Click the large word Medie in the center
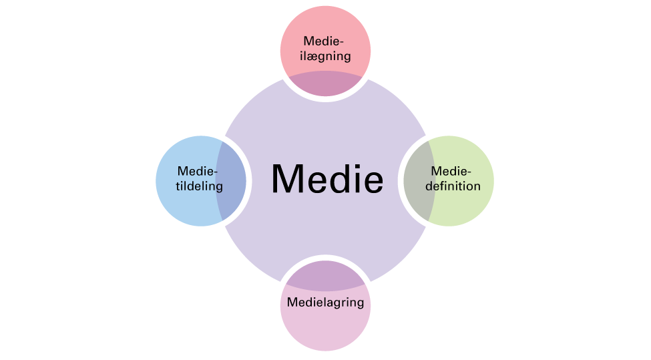pyautogui.click(x=327, y=178)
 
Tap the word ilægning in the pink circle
pyautogui.click(x=326, y=56)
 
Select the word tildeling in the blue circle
pyautogui.click(x=199, y=186)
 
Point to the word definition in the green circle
pyautogui.click(x=453, y=186)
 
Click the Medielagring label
pyautogui.click(x=326, y=303)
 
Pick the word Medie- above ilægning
pyautogui.click(x=324, y=41)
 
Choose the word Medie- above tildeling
pyautogui.click(x=198, y=171)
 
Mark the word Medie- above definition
pyautogui.click(x=451, y=171)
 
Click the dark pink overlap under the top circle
pyautogui.click(x=326, y=83)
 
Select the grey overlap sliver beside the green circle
pyautogui.click(x=418, y=181)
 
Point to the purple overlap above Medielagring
pyautogui.click(x=326, y=275)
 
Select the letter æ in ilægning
pyautogui.click(x=313, y=57)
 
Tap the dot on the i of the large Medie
pyautogui.click(x=354, y=166)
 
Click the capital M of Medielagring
pyautogui.click(x=292, y=302)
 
